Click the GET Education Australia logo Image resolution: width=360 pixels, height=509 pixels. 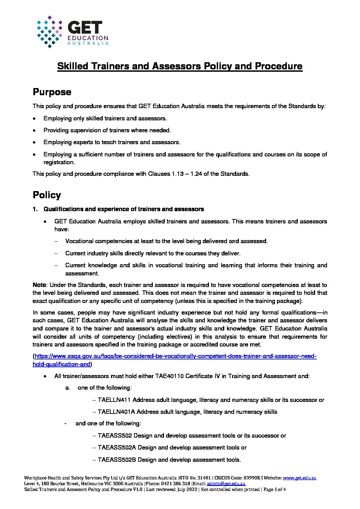tap(72, 32)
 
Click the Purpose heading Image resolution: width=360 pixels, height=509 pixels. tap(52, 92)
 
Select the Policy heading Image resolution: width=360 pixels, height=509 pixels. tap(47, 195)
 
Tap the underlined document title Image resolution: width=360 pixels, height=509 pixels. tap(180, 66)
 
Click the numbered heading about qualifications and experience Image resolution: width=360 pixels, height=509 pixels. tap(124, 209)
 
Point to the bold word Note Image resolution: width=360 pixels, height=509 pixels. tap(39, 285)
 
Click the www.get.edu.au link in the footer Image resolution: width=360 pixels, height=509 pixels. tap(299, 478)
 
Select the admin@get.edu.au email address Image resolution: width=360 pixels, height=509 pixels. tap(226, 483)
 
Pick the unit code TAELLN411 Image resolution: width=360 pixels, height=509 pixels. tap(114, 400)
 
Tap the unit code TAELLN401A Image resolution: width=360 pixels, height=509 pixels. tap(116, 412)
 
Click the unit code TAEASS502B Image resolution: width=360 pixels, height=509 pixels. tap(117, 460)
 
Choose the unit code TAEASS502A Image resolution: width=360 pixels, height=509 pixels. tap(117, 447)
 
